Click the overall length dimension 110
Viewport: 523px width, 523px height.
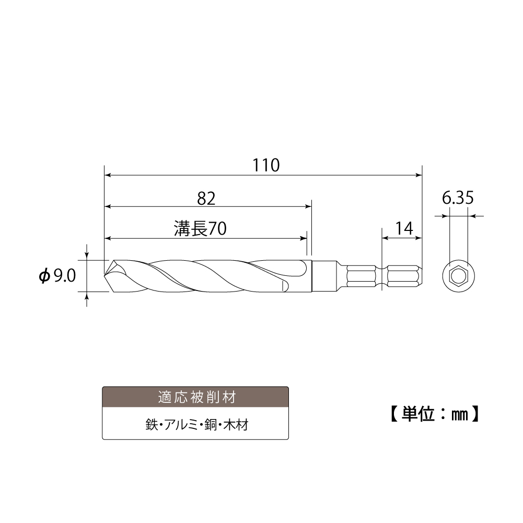pos(266,165)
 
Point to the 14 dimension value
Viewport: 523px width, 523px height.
pos(404,228)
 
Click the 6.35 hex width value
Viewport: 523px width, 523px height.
pos(458,199)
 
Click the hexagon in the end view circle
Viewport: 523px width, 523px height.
pos(458,275)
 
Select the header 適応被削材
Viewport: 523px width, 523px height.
pos(195,397)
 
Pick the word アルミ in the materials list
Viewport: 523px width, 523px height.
pos(180,424)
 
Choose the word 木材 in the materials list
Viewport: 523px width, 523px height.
pos(235,424)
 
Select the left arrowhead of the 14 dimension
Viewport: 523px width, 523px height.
pos(386,238)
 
